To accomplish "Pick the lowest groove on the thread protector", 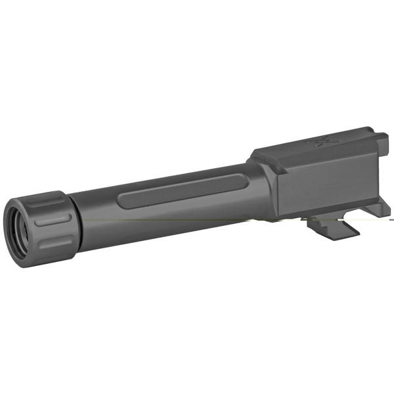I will [x=56, y=244].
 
